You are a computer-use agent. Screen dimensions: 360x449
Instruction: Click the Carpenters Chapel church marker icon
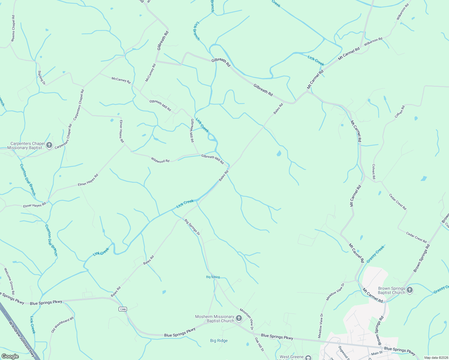click(x=49, y=146)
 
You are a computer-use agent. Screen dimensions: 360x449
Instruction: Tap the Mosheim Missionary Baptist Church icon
click(x=239, y=318)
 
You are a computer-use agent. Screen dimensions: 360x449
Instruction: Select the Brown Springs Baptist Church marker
click(x=410, y=290)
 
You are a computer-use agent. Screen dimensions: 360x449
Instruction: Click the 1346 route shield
click(x=122, y=309)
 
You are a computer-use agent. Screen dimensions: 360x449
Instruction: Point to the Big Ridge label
click(x=219, y=340)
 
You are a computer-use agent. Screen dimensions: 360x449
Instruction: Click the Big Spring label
click(x=213, y=277)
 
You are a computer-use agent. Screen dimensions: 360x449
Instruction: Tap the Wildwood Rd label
click(x=160, y=160)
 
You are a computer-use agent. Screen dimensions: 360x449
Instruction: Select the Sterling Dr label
click(x=41, y=77)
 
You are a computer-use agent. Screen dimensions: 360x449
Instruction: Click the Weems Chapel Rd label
click(x=13, y=28)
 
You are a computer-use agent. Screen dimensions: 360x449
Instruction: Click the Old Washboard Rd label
click(x=62, y=325)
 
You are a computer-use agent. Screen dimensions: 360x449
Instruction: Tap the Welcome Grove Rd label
click(x=9, y=281)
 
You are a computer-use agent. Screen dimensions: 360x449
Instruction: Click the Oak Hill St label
click(x=259, y=344)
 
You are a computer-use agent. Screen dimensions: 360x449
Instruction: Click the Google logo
click(x=10, y=356)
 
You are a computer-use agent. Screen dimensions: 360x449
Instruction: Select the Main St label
click(x=377, y=353)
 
